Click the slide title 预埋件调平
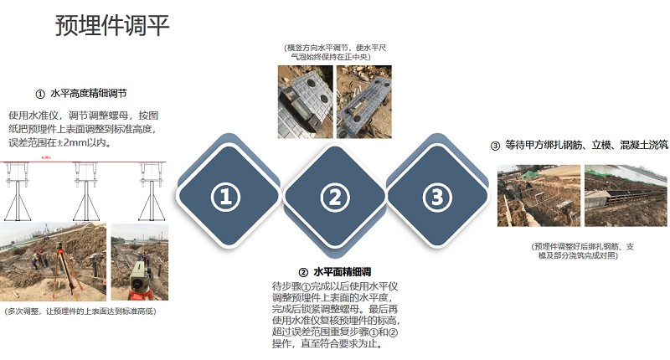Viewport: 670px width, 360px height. click(x=112, y=25)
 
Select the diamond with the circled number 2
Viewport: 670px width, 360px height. click(x=335, y=197)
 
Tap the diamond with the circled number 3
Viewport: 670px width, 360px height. click(x=437, y=197)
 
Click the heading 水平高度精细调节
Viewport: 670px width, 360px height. click(x=89, y=94)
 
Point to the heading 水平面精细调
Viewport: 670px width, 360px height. click(x=343, y=272)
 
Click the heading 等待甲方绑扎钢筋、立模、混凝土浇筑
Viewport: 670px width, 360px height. click(x=587, y=145)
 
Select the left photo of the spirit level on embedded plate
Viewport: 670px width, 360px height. click(x=305, y=101)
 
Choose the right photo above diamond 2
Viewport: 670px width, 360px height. click(x=364, y=101)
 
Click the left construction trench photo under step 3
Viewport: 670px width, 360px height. click(x=539, y=196)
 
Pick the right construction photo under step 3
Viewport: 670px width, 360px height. click(x=626, y=196)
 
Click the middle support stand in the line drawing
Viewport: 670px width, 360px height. click(x=86, y=192)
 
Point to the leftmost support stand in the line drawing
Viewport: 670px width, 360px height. click(x=18, y=192)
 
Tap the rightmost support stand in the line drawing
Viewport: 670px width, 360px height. click(x=152, y=192)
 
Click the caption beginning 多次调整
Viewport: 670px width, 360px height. click(x=80, y=311)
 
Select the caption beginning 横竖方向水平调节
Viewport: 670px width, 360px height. click(x=335, y=52)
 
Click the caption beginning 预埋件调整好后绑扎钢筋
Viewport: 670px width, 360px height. click(x=582, y=251)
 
